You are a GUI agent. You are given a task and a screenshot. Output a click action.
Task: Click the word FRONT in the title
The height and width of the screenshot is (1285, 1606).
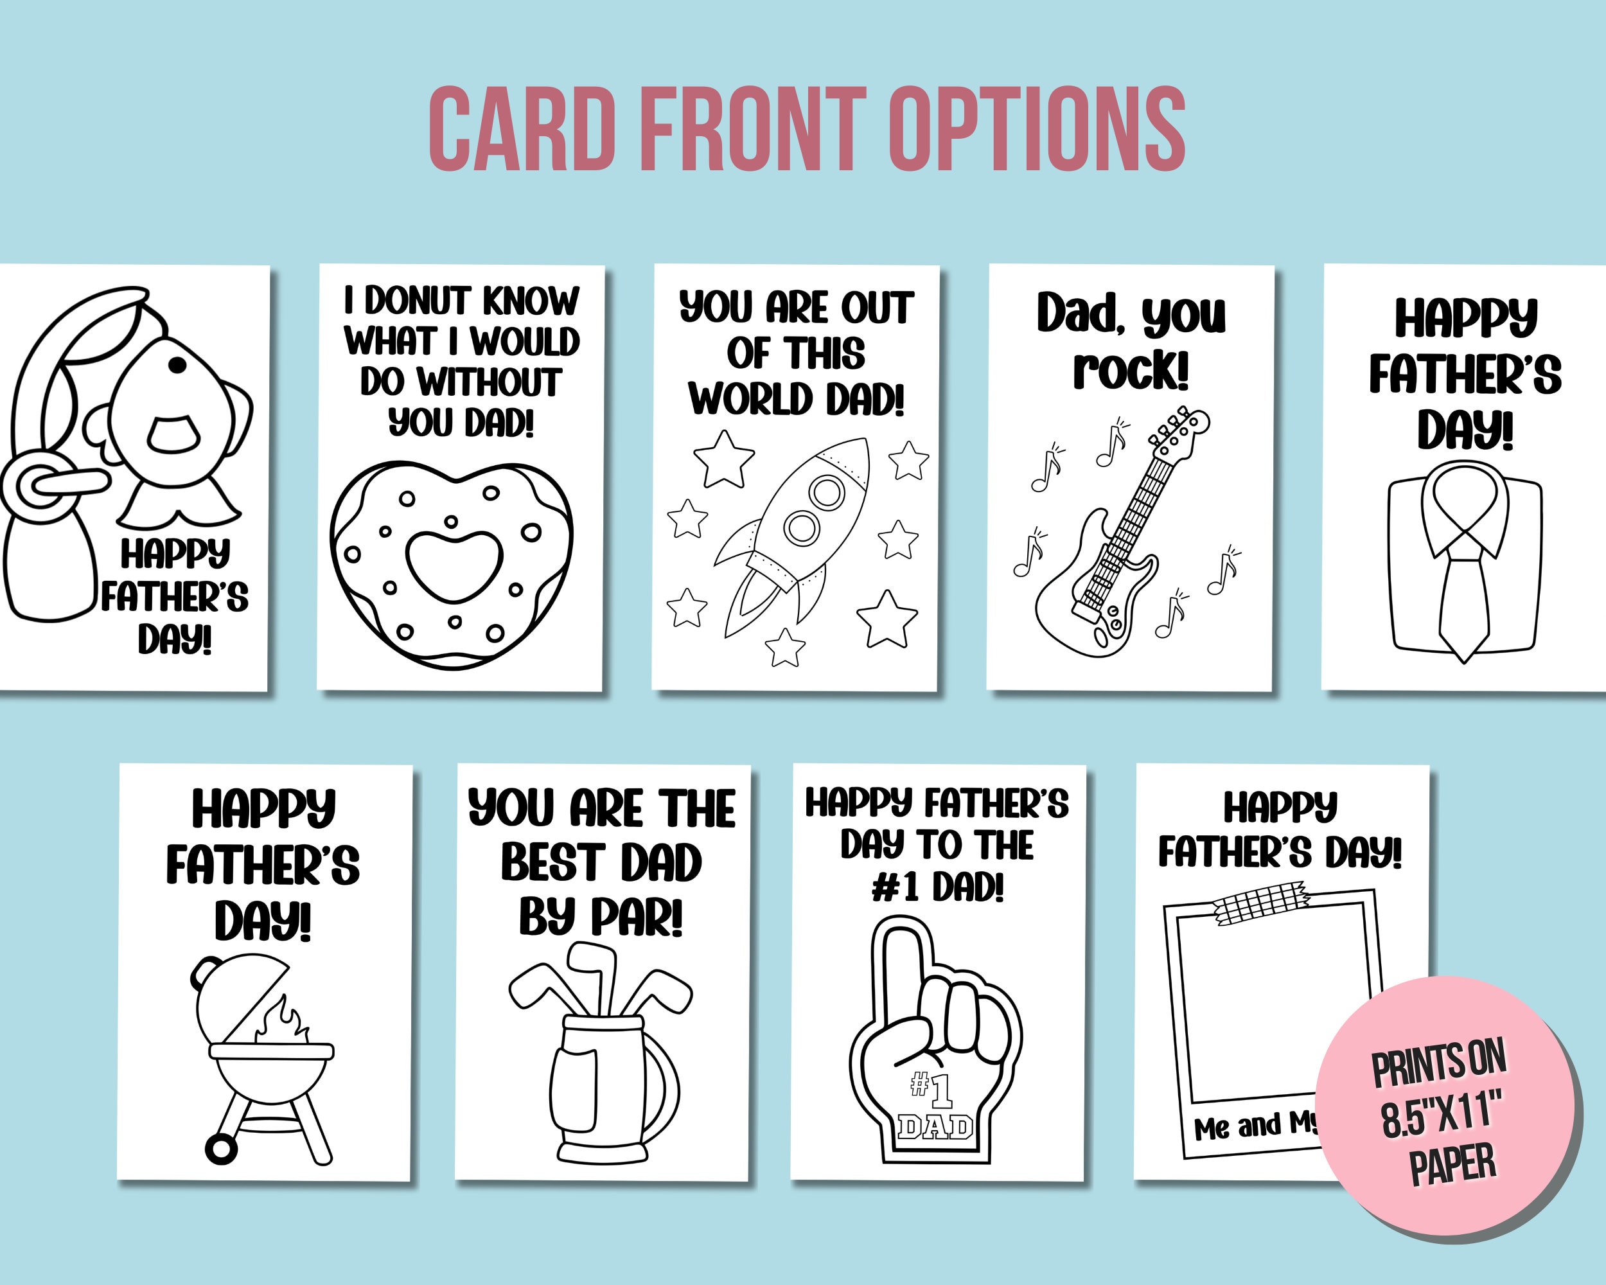tap(752, 128)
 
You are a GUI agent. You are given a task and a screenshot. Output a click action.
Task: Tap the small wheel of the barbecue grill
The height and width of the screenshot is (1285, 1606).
tap(220, 1148)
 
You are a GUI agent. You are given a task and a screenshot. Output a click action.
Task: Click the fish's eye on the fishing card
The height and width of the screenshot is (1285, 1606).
tap(177, 365)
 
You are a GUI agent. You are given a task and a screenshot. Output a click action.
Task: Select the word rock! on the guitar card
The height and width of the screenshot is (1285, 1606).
tap(1131, 370)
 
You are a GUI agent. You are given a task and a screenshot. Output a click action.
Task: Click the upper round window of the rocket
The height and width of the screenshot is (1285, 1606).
tap(827, 492)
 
